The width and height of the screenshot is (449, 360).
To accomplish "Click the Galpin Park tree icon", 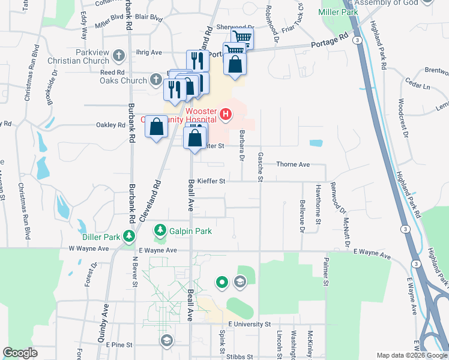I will pos(160,230).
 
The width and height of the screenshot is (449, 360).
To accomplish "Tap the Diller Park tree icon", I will pos(128,236).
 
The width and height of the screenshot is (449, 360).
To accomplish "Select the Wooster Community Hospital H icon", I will pos(226,113).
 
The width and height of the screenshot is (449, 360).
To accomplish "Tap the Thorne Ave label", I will pos(292,164).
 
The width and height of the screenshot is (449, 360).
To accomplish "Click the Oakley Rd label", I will pos(110,125).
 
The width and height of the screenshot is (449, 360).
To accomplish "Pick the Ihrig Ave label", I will pos(149,53).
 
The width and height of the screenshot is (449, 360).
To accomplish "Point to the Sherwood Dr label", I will pos(235,28).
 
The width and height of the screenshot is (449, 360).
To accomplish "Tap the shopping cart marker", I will pos(241,38).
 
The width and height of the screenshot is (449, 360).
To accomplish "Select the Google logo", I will pos(20,353).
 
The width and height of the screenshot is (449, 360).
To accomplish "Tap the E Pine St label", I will pos(119,345).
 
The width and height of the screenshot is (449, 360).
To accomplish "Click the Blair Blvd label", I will pos(149,18).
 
